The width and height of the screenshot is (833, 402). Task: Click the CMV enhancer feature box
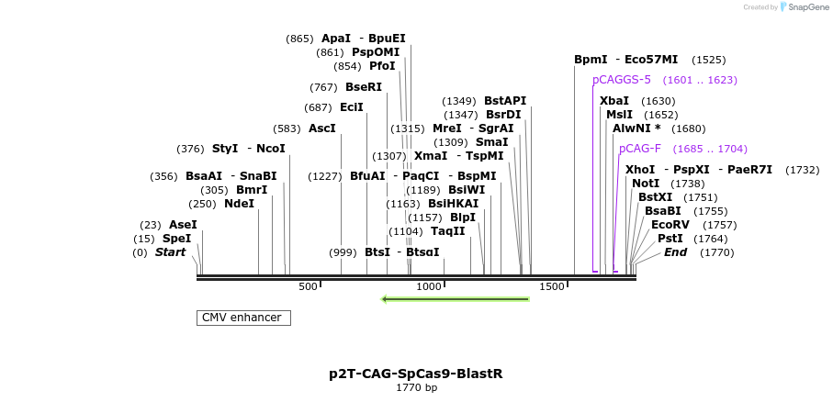click(x=243, y=318)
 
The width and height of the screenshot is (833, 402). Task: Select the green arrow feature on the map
click(x=456, y=298)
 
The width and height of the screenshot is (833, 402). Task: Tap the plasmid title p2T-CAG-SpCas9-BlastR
click(x=416, y=374)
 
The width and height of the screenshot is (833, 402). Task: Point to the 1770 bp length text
click(x=416, y=388)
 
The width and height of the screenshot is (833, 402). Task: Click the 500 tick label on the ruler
click(x=308, y=286)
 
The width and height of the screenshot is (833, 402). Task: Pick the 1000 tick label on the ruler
click(x=429, y=286)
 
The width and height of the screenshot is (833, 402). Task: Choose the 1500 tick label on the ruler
click(x=551, y=286)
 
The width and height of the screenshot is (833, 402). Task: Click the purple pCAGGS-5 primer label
click(x=622, y=80)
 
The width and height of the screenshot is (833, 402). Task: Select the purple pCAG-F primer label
click(x=640, y=149)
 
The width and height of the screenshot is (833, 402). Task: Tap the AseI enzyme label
click(x=183, y=225)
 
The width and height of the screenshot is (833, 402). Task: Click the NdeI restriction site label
click(x=239, y=204)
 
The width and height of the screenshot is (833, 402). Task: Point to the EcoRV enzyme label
click(x=670, y=225)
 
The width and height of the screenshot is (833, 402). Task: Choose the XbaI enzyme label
click(x=614, y=101)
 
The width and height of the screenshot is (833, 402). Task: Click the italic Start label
click(x=170, y=252)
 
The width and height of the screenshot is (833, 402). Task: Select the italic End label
click(x=675, y=252)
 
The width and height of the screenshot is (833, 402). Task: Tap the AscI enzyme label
click(x=322, y=128)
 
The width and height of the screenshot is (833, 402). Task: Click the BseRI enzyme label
click(x=364, y=87)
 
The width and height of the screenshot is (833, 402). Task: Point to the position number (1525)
click(x=708, y=60)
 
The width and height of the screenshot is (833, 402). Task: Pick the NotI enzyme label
click(x=646, y=184)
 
